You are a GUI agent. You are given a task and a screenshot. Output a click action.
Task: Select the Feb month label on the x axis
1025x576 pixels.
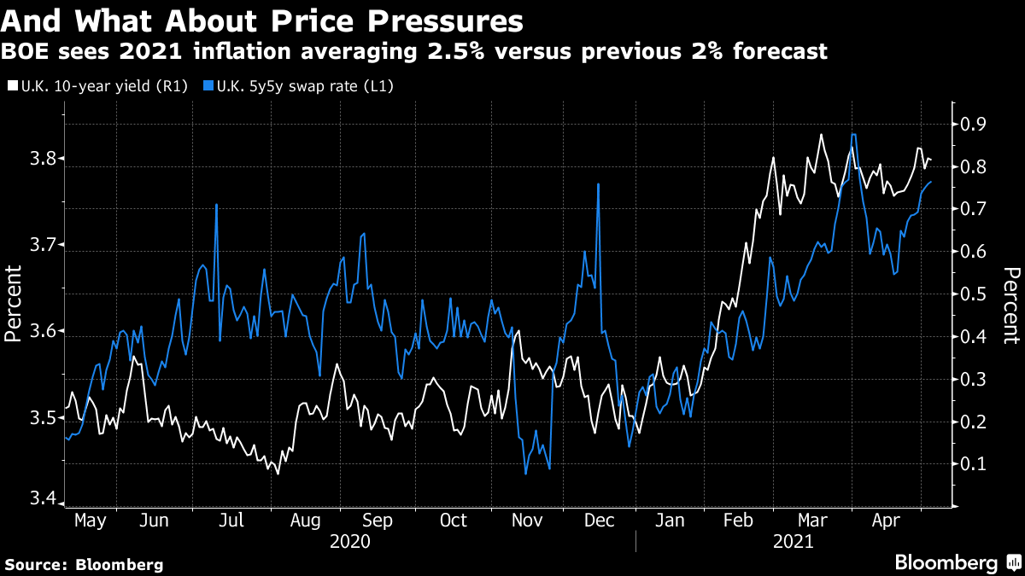[737, 521]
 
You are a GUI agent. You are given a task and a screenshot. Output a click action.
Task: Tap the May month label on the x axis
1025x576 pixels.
[90, 521]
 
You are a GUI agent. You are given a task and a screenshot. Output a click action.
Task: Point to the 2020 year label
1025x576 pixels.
[349, 541]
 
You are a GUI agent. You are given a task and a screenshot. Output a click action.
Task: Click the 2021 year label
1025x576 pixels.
[793, 541]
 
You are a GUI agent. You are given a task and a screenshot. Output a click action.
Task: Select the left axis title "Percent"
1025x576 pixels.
[14, 304]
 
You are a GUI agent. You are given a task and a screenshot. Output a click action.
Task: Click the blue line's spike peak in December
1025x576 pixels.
[599, 184]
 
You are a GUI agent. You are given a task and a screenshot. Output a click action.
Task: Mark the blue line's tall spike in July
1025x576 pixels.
[216, 205]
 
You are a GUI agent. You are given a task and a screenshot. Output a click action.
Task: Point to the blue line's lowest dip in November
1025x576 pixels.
[525, 473]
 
